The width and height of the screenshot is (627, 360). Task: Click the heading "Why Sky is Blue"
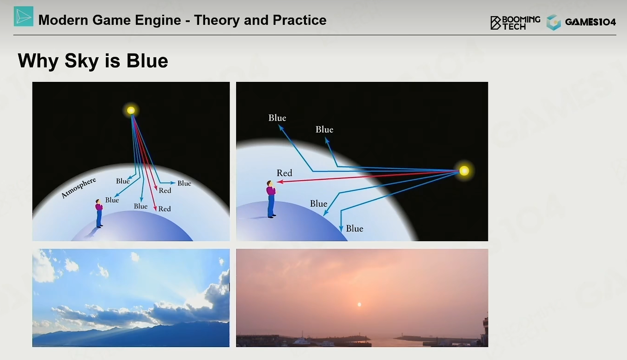pos(93,61)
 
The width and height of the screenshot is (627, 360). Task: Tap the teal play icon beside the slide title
pos(24,17)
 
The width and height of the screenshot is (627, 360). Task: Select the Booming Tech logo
pos(515,23)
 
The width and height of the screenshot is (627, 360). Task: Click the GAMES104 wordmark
pos(590,22)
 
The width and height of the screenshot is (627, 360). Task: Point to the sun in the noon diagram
pos(131,110)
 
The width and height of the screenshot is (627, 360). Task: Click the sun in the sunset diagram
pos(464,171)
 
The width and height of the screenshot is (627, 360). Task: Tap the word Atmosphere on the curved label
pos(79,188)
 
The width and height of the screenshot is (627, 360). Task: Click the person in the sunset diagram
pos(271,199)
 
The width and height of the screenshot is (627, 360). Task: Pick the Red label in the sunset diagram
pos(284,173)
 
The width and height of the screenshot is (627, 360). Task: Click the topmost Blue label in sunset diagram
pos(277,118)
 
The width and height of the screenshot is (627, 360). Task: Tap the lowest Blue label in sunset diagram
pos(355,228)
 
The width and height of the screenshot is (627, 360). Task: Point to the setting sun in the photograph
pos(359,304)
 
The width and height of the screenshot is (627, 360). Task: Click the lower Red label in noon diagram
pos(164,209)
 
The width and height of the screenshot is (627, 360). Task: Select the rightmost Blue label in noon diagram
pos(184,183)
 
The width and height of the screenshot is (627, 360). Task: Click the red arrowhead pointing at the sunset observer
pos(280,182)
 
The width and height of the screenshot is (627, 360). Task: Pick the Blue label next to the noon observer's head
pos(112,200)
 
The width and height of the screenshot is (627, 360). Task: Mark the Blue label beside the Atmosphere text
pos(123,181)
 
